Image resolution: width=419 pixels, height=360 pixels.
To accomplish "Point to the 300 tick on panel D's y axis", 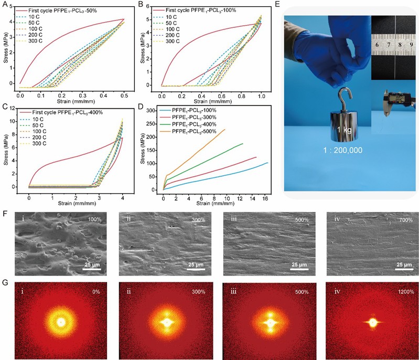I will (x=155, y=111).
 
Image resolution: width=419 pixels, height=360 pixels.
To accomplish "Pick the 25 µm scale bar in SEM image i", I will (x=93, y=264).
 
